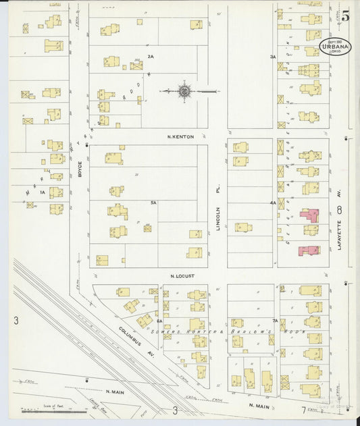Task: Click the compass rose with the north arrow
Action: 184,90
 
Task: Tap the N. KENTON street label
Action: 180,137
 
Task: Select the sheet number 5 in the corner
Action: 344,16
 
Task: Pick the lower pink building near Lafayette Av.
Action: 309,250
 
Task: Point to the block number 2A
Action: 151,56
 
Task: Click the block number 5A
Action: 153,203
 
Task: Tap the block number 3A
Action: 273,57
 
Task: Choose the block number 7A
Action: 275,320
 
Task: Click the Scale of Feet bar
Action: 43,410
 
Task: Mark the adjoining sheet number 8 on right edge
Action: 340,210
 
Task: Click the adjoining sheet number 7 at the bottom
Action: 303,410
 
